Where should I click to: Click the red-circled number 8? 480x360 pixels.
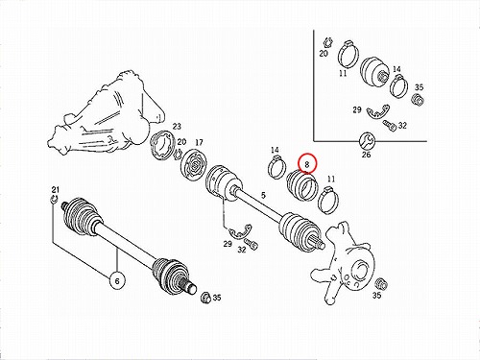coord(307,164)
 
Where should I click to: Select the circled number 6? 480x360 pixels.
coord(117,280)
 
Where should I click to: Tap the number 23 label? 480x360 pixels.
coord(177,126)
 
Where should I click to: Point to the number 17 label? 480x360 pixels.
coord(199,142)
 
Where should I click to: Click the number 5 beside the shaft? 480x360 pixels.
coord(263,195)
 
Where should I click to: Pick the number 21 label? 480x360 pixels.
coord(56,189)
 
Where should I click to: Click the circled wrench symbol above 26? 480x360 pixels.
coord(366,140)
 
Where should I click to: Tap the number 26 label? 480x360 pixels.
coord(366,155)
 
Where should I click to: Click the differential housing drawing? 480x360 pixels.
coord(107,115)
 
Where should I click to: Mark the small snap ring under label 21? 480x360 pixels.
coord(55,200)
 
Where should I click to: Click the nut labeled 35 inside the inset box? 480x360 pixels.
coord(418,100)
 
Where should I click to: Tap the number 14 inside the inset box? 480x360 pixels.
coord(396,69)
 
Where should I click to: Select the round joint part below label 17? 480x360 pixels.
coord(195,165)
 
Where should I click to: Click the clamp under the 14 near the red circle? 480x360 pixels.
coord(276,167)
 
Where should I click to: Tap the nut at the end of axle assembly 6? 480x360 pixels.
coord(206,298)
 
